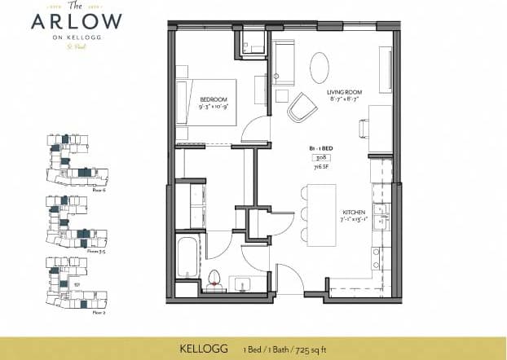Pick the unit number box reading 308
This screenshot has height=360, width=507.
point(321,155)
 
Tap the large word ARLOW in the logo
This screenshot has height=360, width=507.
point(77,22)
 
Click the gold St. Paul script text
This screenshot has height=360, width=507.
point(77,45)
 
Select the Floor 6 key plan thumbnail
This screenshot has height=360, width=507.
point(74,160)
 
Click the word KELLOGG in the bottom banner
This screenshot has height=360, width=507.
point(203,349)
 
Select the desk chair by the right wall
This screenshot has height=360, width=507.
point(364,128)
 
